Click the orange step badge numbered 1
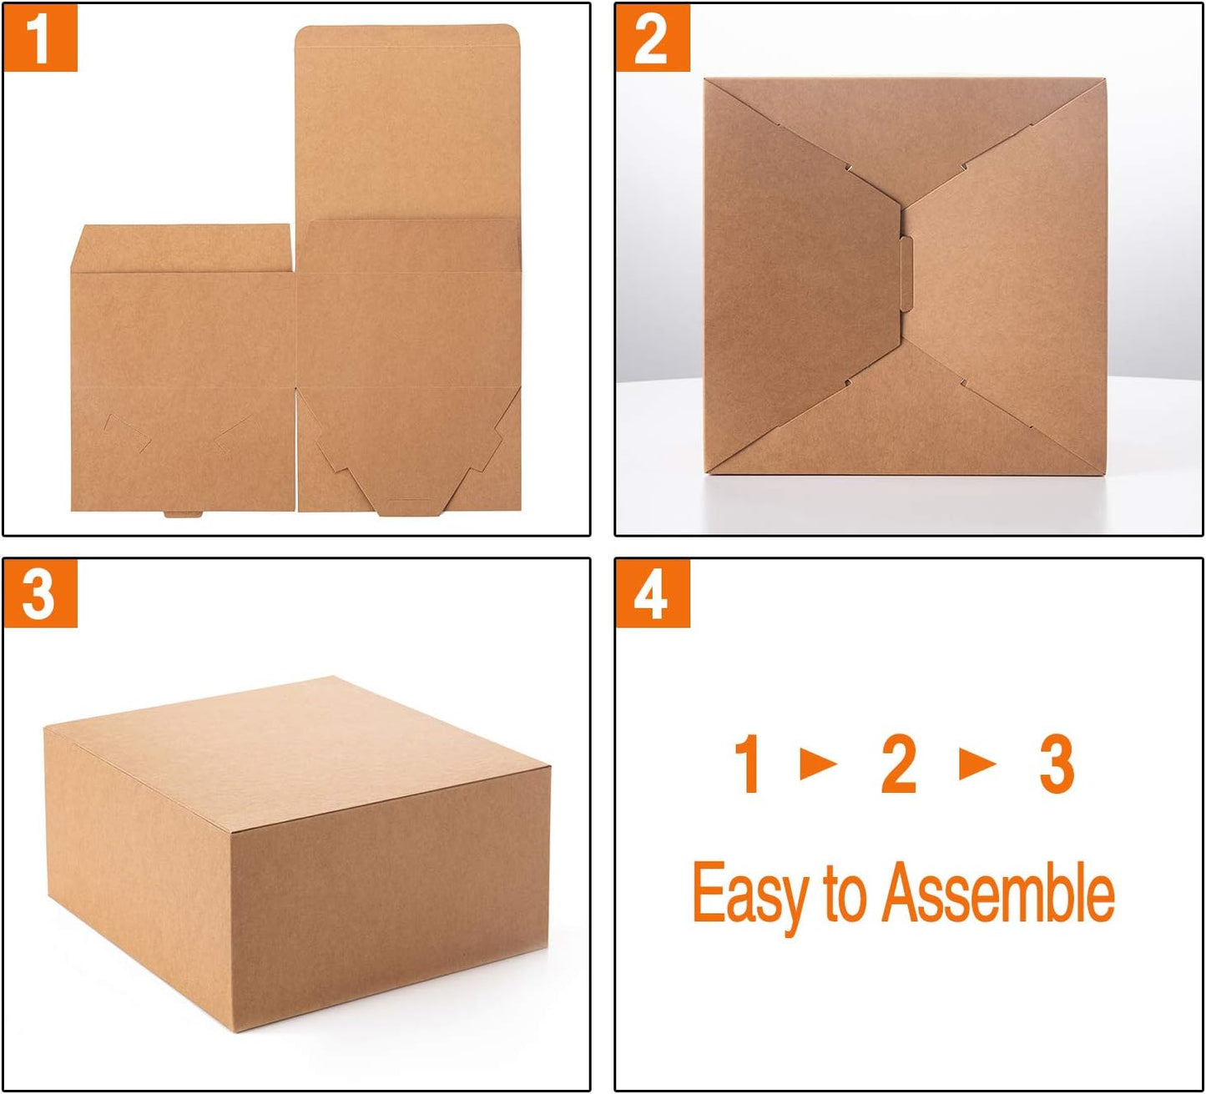click(40, 38)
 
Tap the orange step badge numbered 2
click(652, 38)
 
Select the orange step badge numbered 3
click(40, 594)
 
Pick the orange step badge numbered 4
click(652, 594)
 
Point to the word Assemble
click(998, 894)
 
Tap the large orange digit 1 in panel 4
click(748, 764)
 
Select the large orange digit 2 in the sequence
click(899, 764)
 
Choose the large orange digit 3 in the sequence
click(1056, 764)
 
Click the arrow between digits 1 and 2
click(818, 763)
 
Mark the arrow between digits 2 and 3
click(976, 763)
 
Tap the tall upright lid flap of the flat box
click(408, 121)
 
